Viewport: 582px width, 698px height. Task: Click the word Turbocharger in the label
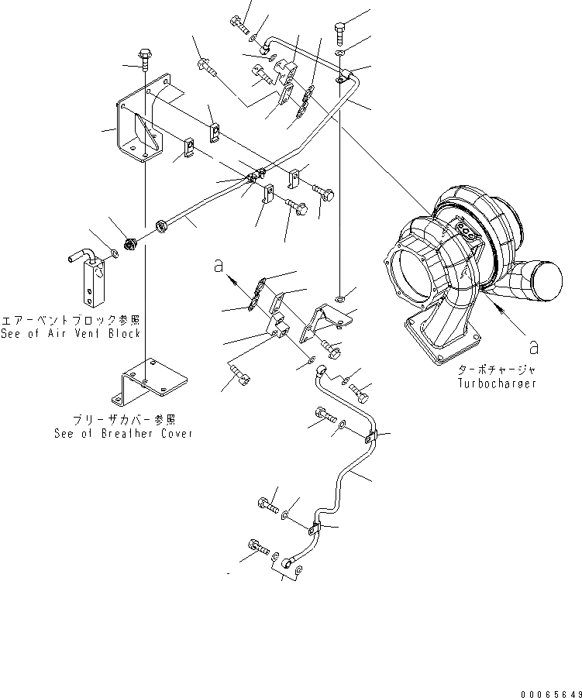497,383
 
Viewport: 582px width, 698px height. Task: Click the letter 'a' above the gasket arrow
219,266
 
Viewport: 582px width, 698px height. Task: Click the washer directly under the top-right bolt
342,53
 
